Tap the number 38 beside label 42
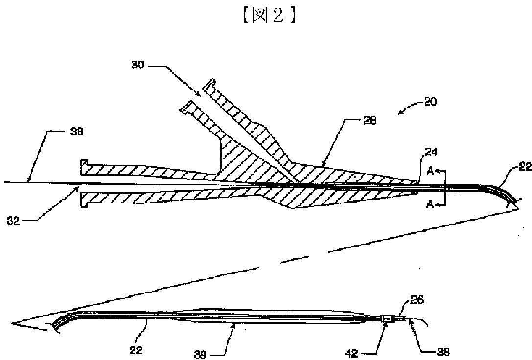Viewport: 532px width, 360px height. [442, 352]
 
